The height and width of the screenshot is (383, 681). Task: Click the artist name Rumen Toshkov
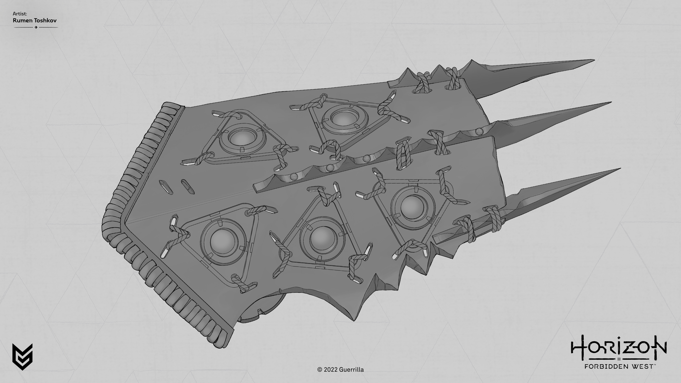tap(35, 20)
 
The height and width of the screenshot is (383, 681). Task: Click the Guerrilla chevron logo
tap(23, 357)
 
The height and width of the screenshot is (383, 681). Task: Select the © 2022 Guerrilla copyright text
tap(340, 370)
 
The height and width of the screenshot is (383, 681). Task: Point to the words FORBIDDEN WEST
tap(619, 367)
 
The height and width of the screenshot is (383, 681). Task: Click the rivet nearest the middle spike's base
tap(478, 131)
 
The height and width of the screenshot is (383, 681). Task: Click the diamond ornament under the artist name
tap(36, 27)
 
